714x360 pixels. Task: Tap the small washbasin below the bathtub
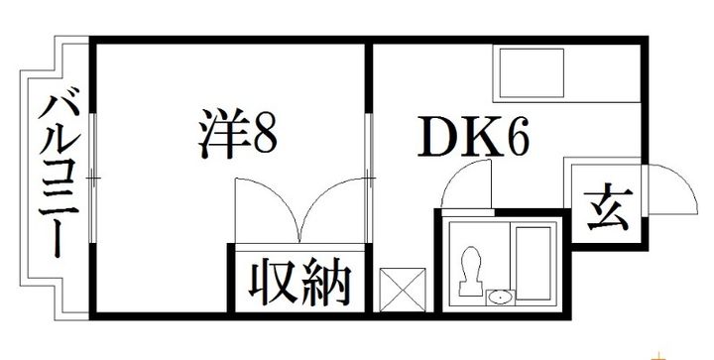[501, 296]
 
